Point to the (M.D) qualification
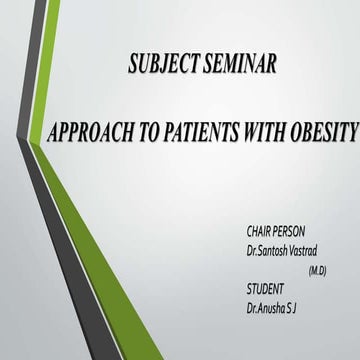coord(317,269)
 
